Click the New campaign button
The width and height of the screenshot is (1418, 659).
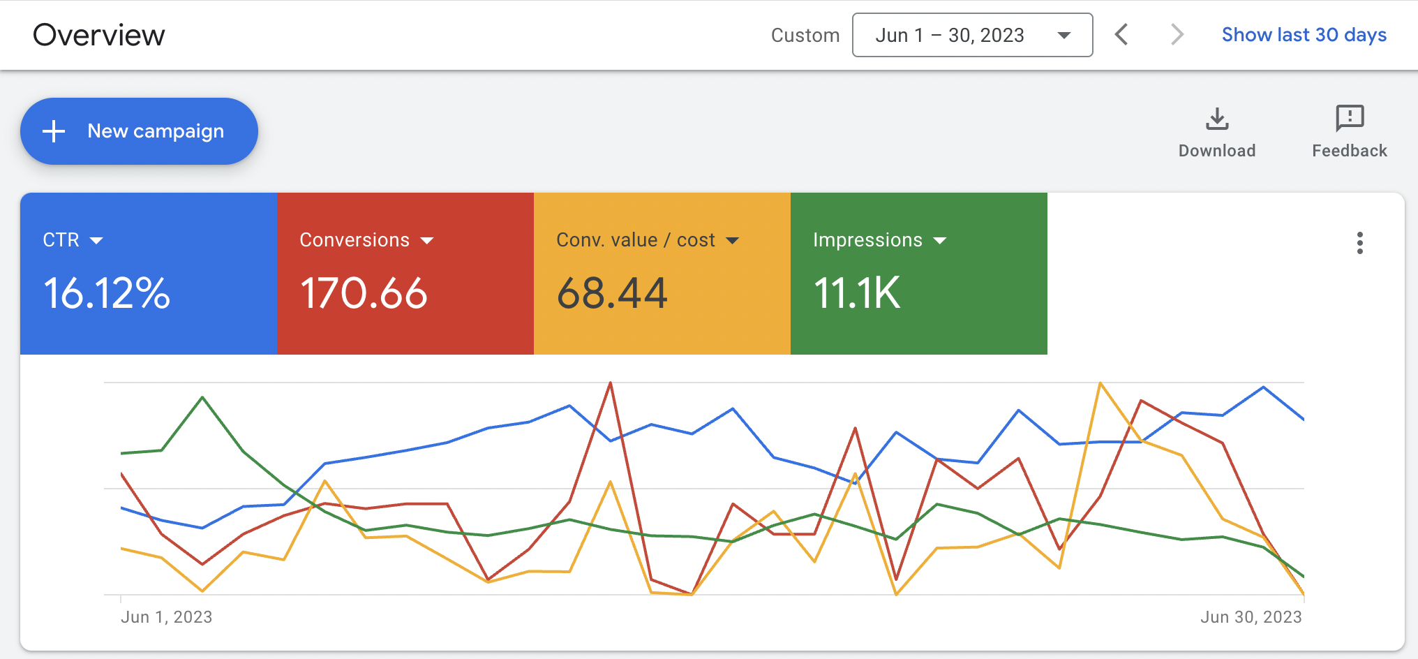click(x=139, y=131)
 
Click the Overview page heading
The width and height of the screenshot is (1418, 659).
click(x=98, y=35)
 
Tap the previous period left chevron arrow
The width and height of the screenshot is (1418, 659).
click(x=1121, y=35)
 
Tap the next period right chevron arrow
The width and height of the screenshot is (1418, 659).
click(x=1177, y=35)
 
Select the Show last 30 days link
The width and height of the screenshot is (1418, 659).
click(x=1304, y=35)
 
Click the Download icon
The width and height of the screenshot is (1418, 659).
click(x=1217, y=119)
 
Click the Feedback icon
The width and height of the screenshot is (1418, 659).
click(x=1350, y=119)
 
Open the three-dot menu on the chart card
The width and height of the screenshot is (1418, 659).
click(x=1359, y=243)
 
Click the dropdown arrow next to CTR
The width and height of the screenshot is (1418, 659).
click(x=97, y=241)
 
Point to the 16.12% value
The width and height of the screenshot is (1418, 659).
click(x=107, y=293)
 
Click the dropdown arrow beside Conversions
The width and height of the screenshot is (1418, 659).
click(x=427, y=241)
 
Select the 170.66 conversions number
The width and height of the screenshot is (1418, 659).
click(x=364, y=293)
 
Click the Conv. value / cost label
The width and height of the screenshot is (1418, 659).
click(x=635, y=240)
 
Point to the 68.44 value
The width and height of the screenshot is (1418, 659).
click(x=612, y=293)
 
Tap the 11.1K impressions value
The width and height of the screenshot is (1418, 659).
click(x=857, y=293)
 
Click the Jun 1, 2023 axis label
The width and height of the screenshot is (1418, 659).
click(x=166, y=617)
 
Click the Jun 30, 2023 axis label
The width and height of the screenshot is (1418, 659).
click(x=1251, y=617)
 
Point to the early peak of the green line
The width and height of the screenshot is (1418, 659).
click(x=202, y=397)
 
